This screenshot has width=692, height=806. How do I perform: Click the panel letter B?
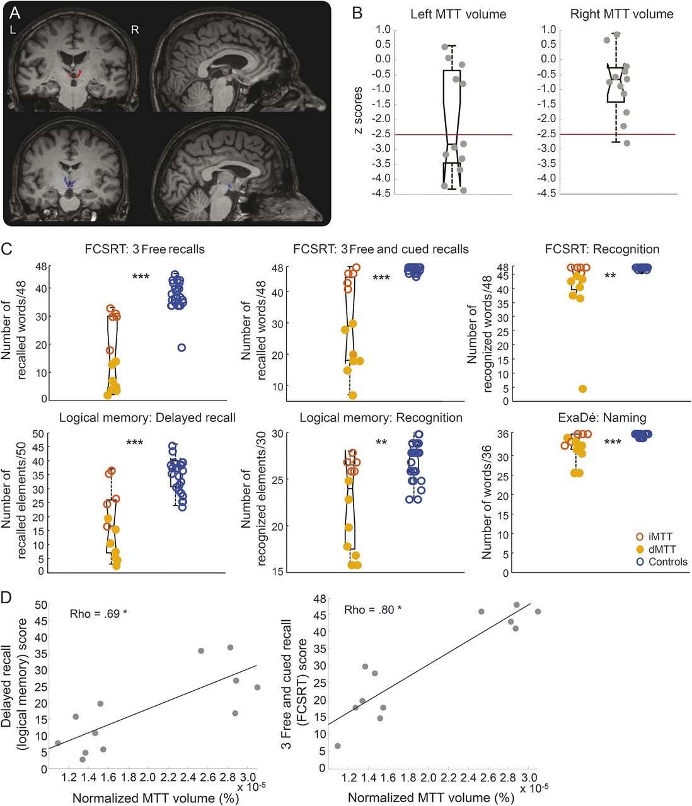(x=357, y=13)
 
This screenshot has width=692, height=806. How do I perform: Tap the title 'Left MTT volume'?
(x=458, y=14)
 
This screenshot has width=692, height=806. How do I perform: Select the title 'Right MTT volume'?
(x=622, y=14)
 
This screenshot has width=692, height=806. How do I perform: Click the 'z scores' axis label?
(x=358, y=112)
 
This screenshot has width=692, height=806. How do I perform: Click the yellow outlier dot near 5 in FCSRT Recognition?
(x=583, y=389)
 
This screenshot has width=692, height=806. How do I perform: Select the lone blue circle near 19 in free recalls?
(x=182, y=348)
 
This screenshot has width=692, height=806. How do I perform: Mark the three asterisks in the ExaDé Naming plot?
(x=613, y=442)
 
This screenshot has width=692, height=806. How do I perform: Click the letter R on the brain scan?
(x=134, y=30)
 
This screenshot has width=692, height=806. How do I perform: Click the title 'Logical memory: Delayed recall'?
(x=147, y=417)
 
